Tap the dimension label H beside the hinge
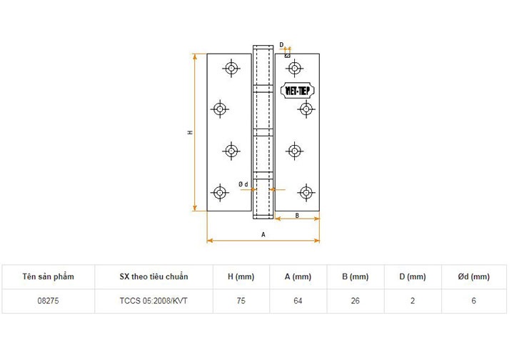(190, 133)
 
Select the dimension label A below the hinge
(263, 234)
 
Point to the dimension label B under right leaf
(296, 215)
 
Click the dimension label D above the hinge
(282, 44)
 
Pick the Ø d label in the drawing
(243, 184)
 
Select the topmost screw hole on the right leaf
(294, 68)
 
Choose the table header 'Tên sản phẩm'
(48, 276)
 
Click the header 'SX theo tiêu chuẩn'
(154, 276)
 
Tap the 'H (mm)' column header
(241, 276)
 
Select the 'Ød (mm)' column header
(473, 276)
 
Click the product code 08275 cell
(48, 301)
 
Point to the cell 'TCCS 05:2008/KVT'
(154, 301)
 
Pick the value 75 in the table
(241, 301)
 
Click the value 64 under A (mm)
(298, 301)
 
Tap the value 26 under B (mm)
(355, 301)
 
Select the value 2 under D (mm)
(412, 301)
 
